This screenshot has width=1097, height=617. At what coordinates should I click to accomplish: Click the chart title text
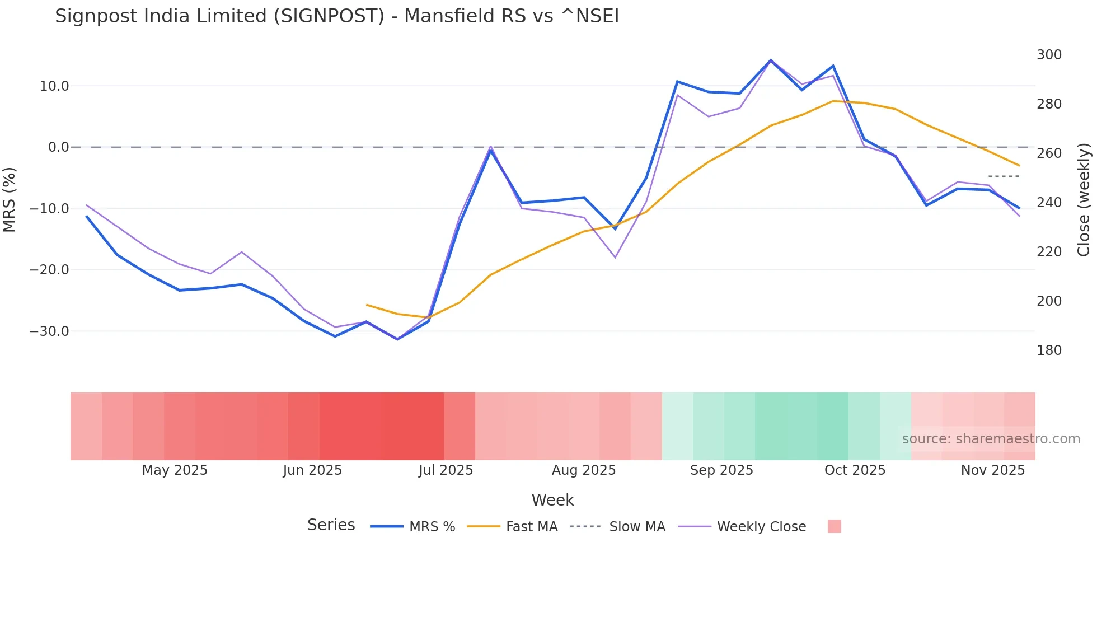tap(337, 16)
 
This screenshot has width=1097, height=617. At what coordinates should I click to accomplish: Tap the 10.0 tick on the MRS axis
tap(54, 86)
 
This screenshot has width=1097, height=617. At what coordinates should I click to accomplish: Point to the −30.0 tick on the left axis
tap(49, 331)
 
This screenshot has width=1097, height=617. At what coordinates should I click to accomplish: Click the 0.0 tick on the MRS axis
tap(58, 147)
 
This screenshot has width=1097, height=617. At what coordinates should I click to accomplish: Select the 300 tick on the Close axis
tap(1049, 55)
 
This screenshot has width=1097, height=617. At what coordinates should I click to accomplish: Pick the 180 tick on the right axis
tap(1049, 350)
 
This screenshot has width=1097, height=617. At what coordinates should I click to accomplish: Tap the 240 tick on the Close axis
tap(1049, 203)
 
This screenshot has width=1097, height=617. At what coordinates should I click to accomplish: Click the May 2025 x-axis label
tap(175, 470)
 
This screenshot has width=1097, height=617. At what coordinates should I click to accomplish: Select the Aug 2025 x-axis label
tap(584, 470)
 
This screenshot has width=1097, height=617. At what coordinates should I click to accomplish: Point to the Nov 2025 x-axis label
tap(993, 470)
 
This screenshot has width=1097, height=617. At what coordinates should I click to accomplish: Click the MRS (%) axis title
tap(10, 199)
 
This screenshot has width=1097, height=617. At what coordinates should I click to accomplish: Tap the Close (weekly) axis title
tap(1084, 199)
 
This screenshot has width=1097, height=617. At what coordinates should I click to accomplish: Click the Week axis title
tap(552, 500)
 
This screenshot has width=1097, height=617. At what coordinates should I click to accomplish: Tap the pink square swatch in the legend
tap(834, 526)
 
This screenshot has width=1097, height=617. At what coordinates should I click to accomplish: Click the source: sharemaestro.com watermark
tap(991, 439)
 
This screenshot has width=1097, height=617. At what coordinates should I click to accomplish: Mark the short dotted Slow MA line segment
tap(1004, 176)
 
